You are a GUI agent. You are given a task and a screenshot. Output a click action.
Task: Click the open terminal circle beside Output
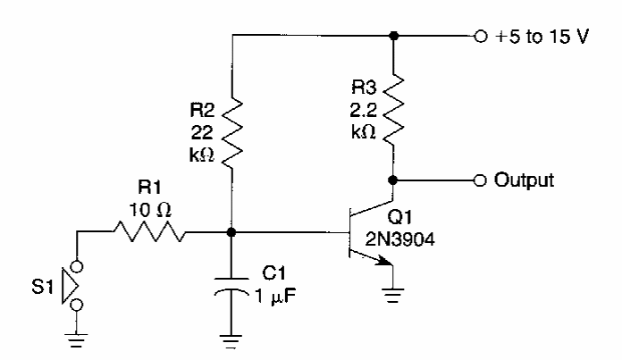pyautogui.click(x=481, y=180)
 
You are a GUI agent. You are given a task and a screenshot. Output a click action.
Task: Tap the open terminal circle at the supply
pyautogui.click(x=481, y=38)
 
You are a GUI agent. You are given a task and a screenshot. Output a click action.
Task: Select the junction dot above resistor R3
pyautogui.click(x=393, y=38)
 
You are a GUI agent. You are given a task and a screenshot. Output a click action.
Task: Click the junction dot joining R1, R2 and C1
pyautogui.click(x=231, y=233)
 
